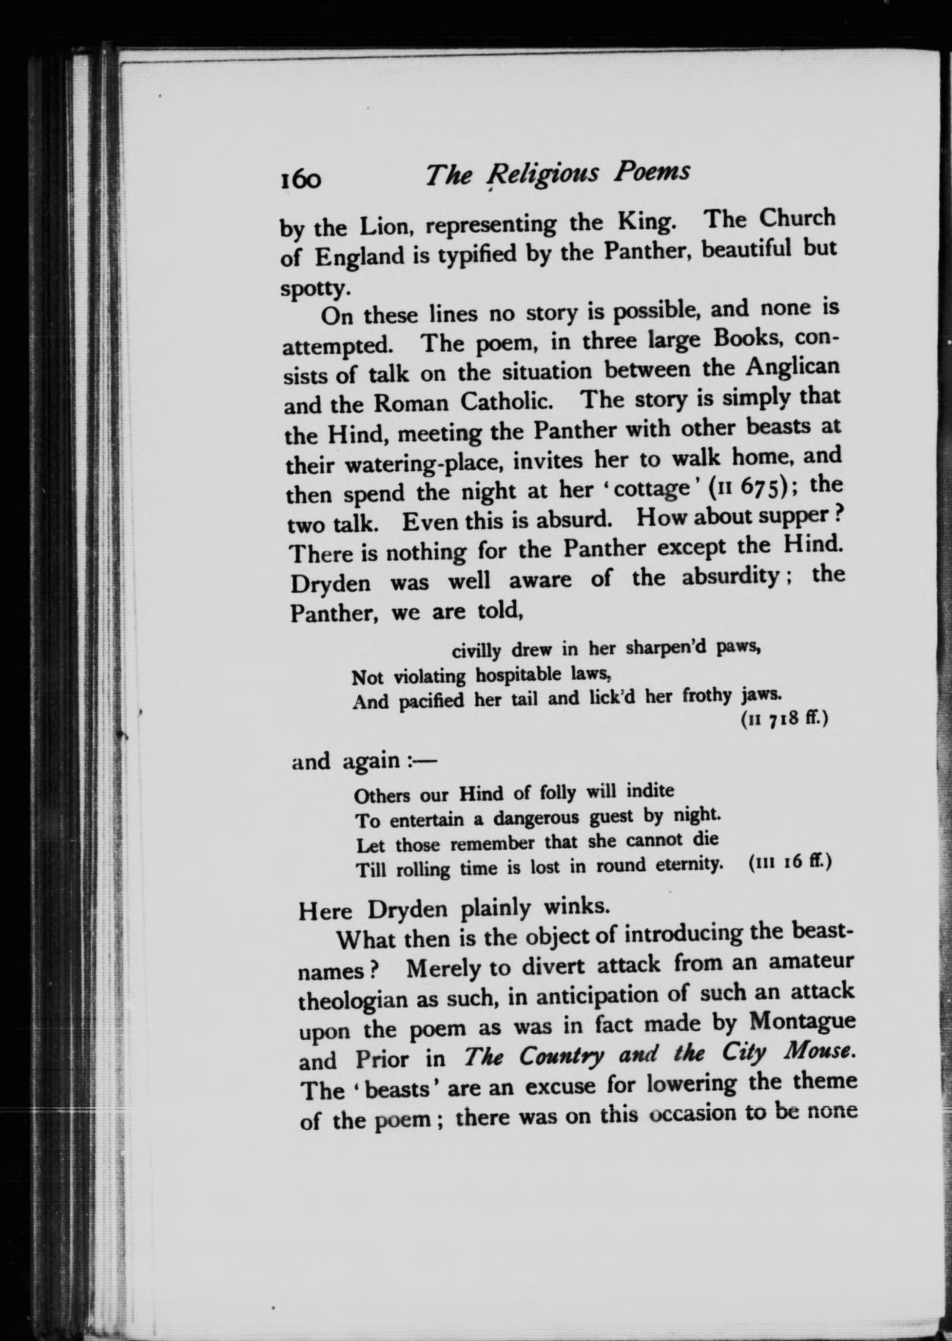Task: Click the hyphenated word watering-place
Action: point(421,464)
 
